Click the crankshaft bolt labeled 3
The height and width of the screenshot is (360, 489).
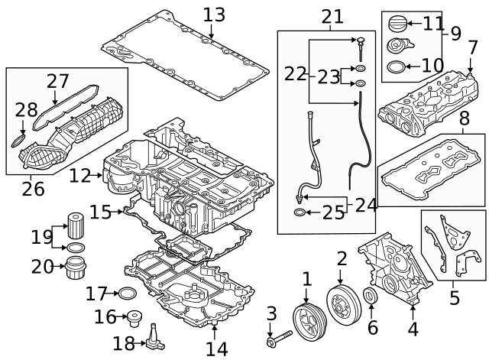(x=279, y=339)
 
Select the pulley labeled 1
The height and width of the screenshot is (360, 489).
(x=309, y=322)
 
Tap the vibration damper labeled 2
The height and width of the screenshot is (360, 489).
(x=344, y=303)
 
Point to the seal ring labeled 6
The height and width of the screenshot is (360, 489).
(x=371, y=296)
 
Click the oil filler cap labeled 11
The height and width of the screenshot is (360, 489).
(x=397, y=24)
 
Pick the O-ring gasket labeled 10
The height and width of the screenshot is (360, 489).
(x=396, y=66)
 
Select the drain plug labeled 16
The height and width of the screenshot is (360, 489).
(x=134, y=318)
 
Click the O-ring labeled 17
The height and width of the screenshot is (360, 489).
(x=128, y=294)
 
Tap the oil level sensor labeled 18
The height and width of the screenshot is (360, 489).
(x=154, y=338)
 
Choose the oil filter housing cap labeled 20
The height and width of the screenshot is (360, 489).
(x=76, y=268)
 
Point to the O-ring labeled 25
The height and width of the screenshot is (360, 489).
(x=300, y=212)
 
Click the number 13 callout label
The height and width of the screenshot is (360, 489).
(x=214, y=15)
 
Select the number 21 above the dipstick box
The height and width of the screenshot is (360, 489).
(x=332, y=17)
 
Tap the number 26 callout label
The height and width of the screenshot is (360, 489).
(x=33, y=189)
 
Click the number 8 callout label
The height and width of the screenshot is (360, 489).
(x=465, y=118)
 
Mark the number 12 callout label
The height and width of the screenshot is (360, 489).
(x=79, y=176)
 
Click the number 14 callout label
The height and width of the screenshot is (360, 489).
(x=217, y=349)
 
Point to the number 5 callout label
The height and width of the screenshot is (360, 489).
(x=455, y=297)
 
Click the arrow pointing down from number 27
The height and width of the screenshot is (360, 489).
(x=55, y=97)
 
